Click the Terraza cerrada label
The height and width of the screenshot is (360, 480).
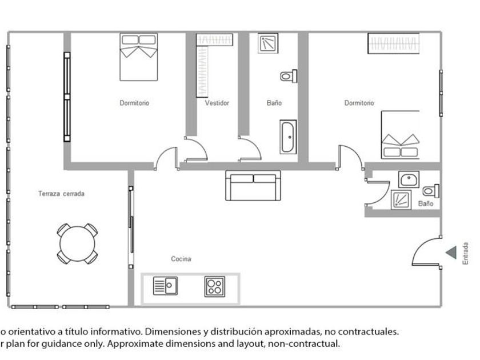click(61, 194)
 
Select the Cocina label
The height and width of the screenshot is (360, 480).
click(181, 259)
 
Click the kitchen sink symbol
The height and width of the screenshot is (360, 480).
click(165, 285)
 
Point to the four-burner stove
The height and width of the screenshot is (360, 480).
click(215, 286)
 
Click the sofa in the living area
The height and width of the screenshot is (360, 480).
click(254, 185)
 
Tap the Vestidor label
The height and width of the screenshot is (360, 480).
click(217, 103)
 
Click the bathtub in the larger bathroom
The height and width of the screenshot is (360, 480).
click(288, 137)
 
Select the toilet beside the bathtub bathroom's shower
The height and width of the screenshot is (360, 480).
click(289, 75)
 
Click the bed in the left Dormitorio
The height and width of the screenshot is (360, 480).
click(139, 57)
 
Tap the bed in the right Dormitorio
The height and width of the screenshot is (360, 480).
click(401, 135)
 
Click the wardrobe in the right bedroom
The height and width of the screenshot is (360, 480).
click(393, 43)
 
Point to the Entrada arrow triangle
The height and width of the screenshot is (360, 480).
click(451, 252)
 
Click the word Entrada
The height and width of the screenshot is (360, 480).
click(466, 253)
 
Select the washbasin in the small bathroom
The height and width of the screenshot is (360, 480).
click(409, 180)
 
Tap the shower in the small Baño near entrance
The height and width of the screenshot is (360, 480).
click(401, 199)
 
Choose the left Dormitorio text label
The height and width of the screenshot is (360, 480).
click(134, 103)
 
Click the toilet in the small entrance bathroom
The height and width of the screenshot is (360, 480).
click(431, 190)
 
